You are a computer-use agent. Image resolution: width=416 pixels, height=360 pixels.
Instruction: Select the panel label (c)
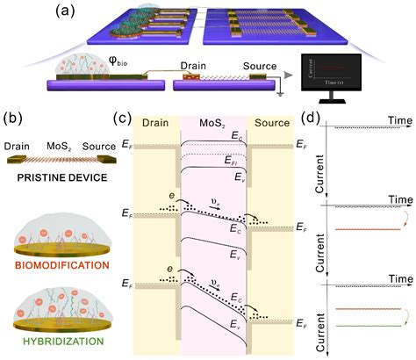[127, 116]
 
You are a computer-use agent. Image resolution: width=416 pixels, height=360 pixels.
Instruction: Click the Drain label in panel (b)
[18, 145]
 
